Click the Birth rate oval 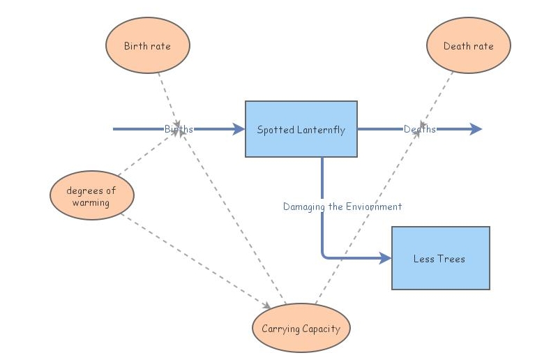click(x=147, y=46)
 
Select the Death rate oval click(x=468, y=46)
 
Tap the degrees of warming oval click(x=91, y=197)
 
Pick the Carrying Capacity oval click(x=301, y=328)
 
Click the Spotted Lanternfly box click(x=301, y=129)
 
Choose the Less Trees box click(x=440, y=258)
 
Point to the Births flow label click(x=179, y=129)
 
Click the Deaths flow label click(x=420, y=129)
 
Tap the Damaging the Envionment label click(x=342, y=207)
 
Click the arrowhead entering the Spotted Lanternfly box click(x=239, y=129)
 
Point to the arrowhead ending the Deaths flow click(x=476, y=129)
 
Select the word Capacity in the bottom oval click(x=322, y=329)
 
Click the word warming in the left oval click(x=91, y=203)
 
